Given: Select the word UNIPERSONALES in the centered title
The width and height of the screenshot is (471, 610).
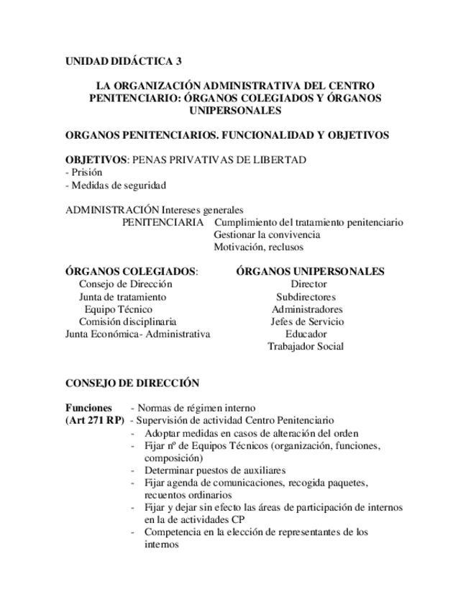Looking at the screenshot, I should pos(234,111).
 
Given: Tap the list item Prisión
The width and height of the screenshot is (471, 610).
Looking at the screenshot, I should pos(85,173).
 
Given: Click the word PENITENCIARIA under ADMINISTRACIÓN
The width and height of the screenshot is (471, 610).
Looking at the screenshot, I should pos(163,222).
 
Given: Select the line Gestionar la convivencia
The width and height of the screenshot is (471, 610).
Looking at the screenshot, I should pos(267,235).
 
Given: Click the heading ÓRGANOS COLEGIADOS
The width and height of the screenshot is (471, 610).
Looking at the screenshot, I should pos(131,271).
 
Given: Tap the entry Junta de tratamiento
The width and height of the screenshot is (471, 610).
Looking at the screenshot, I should pos(122,296).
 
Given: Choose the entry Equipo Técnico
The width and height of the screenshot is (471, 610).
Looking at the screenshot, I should pos(118,309).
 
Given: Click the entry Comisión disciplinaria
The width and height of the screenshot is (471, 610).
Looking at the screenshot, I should pos(127,322).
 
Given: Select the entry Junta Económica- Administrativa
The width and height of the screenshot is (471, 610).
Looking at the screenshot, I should pos(137,334).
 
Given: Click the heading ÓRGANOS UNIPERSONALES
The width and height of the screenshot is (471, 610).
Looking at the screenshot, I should pos(309,271).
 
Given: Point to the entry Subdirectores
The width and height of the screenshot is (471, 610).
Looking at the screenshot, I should pos(306,296).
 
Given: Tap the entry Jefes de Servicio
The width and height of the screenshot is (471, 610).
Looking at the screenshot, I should pos(306,322).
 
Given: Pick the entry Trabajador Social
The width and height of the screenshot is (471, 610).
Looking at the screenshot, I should pos(306,346).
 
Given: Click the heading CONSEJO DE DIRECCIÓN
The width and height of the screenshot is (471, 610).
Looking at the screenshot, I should pos(132,383).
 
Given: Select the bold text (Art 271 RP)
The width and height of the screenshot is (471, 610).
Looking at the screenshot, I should pos(94,420).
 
